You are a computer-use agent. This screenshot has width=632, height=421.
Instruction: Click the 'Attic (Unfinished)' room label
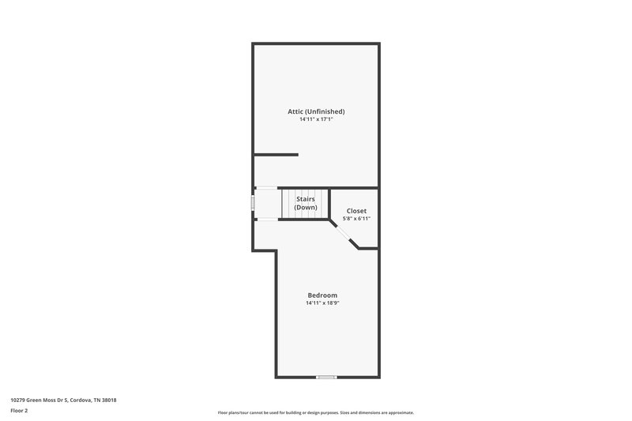[x=316, y=111]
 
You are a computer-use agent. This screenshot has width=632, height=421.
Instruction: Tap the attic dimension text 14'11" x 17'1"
[x=316, y=120]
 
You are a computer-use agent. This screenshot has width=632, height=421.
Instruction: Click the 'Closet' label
[x=357, y=211]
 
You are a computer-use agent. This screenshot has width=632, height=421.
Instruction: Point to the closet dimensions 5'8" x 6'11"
[x=357, y=219]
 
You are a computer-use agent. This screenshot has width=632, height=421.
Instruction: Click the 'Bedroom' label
[x=322, y=295]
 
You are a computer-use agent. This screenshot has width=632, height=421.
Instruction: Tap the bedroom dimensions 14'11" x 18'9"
[x=322, y=303]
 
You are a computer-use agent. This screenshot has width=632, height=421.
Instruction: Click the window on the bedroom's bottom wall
[x=326, y=377]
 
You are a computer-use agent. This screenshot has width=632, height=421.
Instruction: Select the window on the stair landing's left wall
[x=253, y=203]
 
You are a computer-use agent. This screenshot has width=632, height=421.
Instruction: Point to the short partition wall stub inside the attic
[x=276, y=154]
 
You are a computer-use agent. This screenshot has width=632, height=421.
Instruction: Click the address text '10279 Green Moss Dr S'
[x=39, y=400]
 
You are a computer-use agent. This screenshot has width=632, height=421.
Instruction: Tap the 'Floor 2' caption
[x=19, y=411]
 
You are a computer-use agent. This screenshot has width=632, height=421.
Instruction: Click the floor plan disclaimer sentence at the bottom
[x=316, y=412]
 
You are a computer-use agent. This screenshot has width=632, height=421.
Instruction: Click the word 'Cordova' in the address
[x=81, y=400]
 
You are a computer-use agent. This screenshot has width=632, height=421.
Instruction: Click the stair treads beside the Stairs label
[x=289, y=203]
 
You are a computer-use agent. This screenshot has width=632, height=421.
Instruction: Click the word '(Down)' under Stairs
[x=306, y=207]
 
